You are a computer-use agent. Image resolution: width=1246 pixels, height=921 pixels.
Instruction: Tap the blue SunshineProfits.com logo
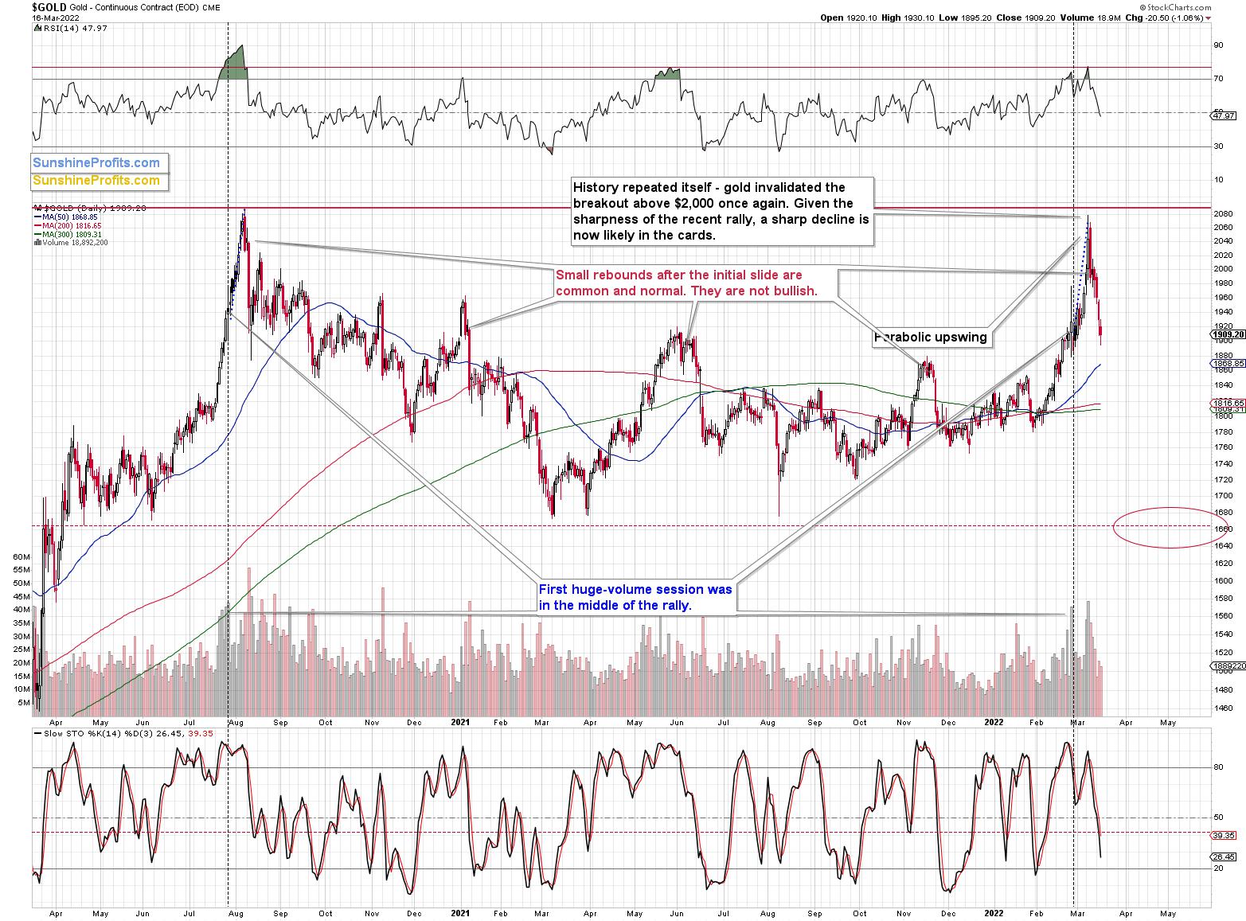click(x=96, y=163)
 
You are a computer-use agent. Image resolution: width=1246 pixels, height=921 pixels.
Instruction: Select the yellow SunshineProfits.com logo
click(x=96, y=181)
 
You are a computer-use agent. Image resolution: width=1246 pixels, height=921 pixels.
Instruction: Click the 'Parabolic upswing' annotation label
click(x=931, y=338)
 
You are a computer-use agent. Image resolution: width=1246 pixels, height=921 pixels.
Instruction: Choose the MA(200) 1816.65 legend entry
click(x=70, y=225)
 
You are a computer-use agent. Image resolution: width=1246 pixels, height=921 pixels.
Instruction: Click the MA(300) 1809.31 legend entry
click(x=70, y=234)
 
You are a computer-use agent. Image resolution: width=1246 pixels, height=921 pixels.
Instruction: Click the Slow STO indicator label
click(x=111, y=732)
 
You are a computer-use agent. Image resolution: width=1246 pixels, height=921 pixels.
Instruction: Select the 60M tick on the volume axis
click(x=22, y=556)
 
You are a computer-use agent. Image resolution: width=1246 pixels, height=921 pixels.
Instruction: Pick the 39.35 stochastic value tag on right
click(x=1222, y=835)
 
